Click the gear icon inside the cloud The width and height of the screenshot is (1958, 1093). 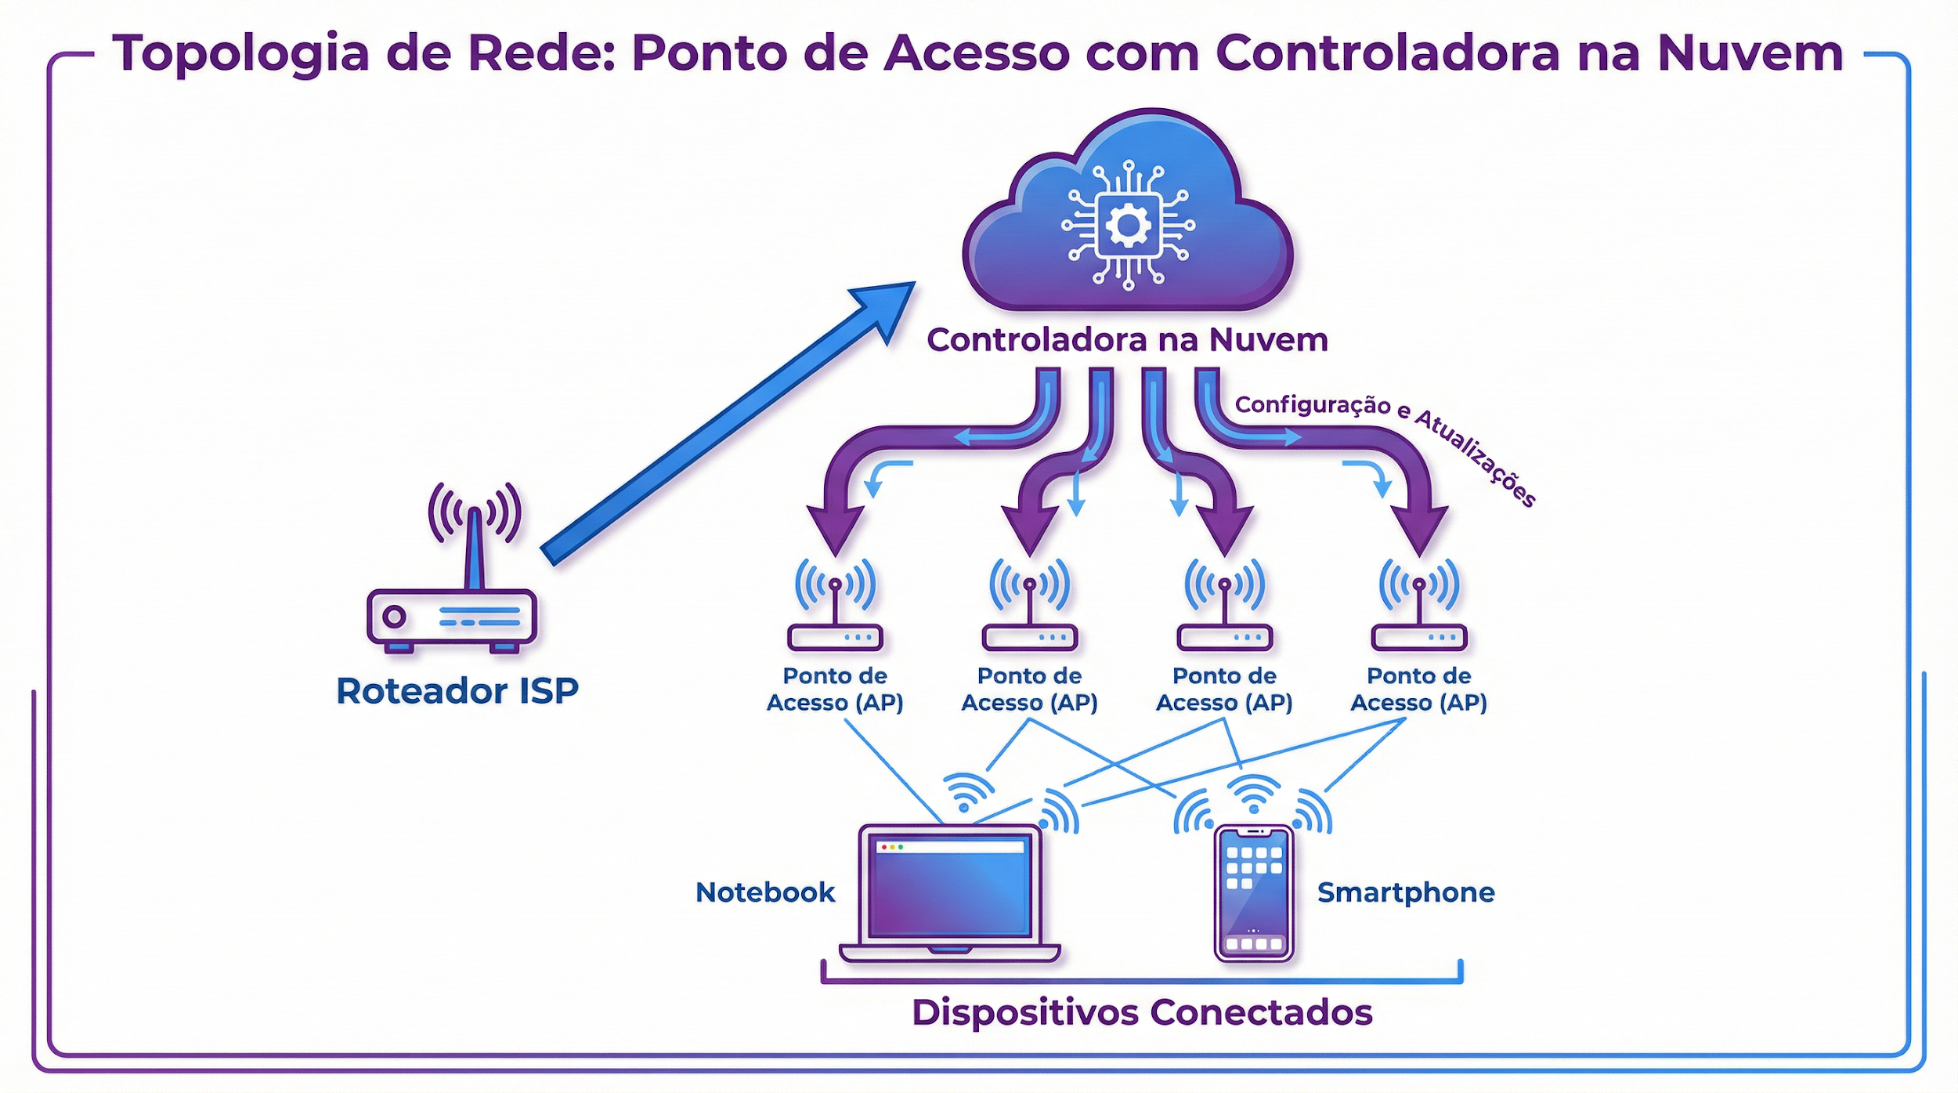[1128, 226]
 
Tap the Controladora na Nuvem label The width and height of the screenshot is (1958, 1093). [1127, 340]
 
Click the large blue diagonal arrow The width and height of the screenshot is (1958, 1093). [728, 423]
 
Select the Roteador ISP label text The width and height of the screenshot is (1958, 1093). [457, 691]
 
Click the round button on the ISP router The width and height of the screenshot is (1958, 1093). [394, 617]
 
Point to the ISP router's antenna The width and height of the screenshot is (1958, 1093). [474, 548]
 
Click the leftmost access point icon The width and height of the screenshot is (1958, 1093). [835, 607]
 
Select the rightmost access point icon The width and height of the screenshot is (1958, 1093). [1418, 607]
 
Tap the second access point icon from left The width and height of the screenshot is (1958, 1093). [1029, 607]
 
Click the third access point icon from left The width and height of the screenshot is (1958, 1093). [1224, 607]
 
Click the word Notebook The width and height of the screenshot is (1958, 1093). [765, 892]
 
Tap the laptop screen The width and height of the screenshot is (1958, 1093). [950, 889]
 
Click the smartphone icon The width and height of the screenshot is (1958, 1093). [1253, 893]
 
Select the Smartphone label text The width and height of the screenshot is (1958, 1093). [1406, 892]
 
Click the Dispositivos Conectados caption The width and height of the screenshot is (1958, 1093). [1142, 1012]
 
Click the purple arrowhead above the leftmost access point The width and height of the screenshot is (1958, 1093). [835, 529]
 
